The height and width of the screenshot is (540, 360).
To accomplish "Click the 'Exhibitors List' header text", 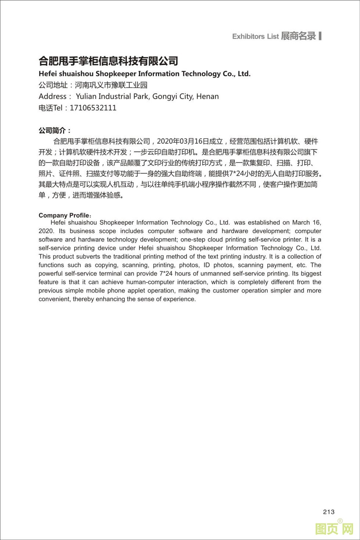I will [255, 36].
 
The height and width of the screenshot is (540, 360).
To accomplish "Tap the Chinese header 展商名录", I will [298, 36].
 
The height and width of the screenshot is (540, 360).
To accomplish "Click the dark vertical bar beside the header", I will [320, 36].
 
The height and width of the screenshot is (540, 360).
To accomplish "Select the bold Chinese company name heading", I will [108, 61].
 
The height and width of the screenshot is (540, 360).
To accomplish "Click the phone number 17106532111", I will [93, 108].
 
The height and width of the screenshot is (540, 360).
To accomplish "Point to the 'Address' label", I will [53, 97].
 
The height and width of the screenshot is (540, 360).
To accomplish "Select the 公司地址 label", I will [53, 85].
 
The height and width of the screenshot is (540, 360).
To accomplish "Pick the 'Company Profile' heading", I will [64, 215].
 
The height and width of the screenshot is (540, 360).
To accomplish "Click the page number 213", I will [329, 512].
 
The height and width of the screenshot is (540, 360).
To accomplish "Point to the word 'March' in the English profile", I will [301, 222].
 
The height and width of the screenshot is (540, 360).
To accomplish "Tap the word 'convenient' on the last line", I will [54, 299].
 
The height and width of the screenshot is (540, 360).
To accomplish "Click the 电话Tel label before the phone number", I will [51, 108].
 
